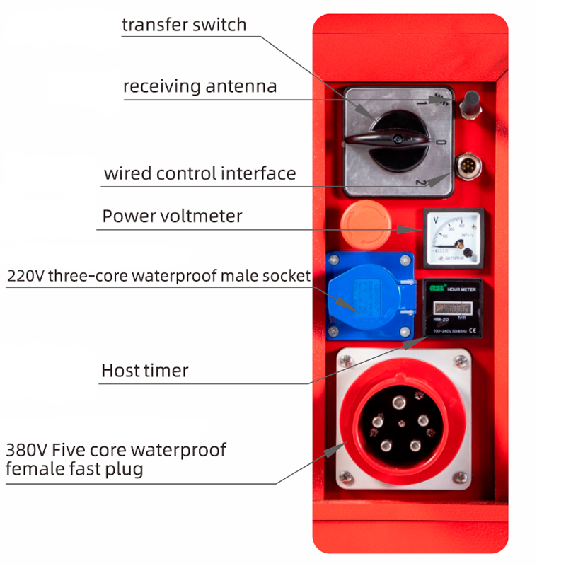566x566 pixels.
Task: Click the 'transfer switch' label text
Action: [x=184, y=25]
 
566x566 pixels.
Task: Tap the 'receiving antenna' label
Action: [x=200, y=86]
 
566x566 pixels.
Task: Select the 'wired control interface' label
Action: [x=200, y=173]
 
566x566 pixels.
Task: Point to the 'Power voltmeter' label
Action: [x=172, y=216]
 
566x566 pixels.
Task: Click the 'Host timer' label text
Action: [x=144, y=370]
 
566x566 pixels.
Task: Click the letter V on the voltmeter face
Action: [x=434, y=219]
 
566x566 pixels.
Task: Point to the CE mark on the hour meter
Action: [x=473, y=330]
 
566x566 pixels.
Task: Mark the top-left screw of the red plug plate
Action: [x=345, y=362]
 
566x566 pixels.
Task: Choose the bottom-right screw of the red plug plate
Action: [x=461, y=476]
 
